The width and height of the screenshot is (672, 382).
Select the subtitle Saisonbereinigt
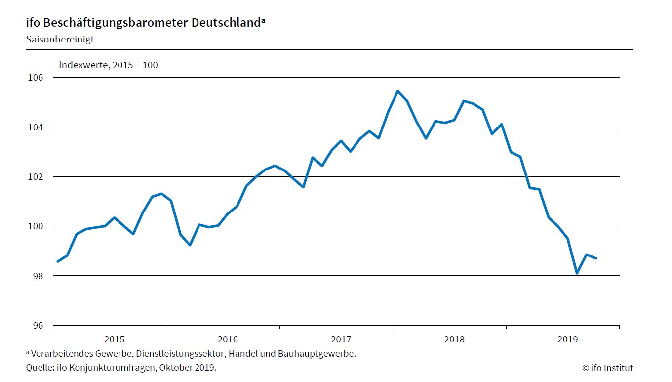point(60,40)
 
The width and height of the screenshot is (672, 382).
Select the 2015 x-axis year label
point(115,340)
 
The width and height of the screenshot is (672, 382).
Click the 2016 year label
point(228,340)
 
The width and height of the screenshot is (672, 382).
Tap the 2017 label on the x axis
point(341,340)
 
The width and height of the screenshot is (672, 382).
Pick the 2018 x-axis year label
point(454,340)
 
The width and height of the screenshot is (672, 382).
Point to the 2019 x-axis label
point(567,340)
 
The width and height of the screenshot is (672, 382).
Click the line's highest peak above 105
point(397,91)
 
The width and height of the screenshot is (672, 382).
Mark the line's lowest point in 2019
point(577,273)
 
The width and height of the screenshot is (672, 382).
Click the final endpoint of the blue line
point(596,258)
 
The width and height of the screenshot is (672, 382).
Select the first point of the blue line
point(58,261)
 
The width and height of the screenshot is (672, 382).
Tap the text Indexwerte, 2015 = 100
point(108,65)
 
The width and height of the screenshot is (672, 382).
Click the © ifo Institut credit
point(607,368)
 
